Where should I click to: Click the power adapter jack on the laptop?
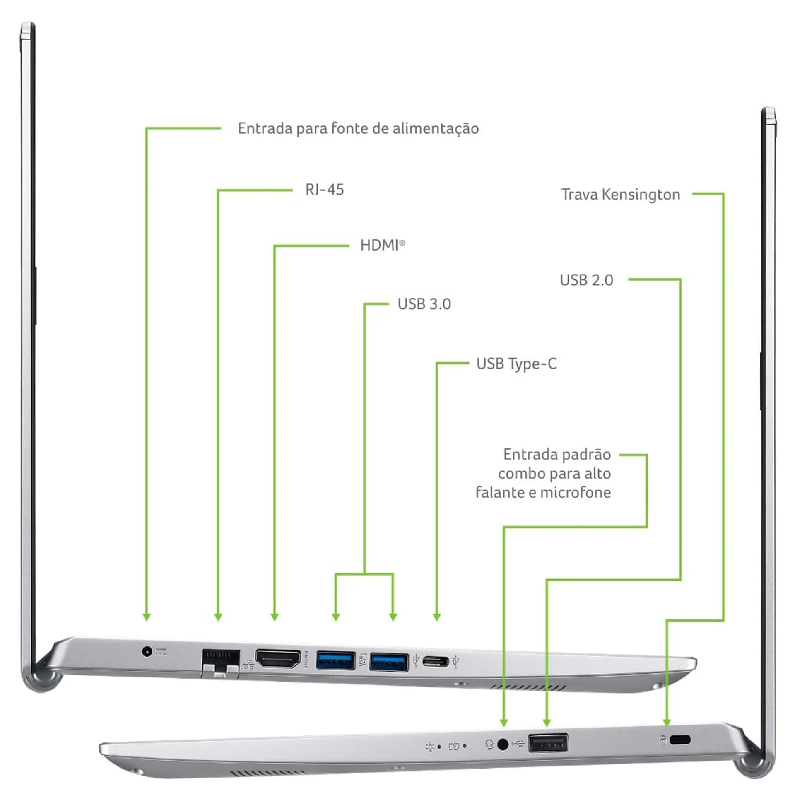click(146, 651)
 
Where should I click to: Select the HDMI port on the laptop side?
click(278, 658)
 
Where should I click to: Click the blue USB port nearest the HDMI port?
click(335, 660)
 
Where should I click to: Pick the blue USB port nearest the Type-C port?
click(389, 661)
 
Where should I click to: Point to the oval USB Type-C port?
click(435, 661)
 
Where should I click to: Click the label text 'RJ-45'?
click(325, 190)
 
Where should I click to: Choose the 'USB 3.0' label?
click(424, 304)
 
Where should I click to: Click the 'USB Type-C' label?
click(516, 364)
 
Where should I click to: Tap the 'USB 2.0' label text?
click(586, 280)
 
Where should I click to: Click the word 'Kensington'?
click(641, 195)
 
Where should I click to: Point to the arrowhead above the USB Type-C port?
click(436, 617)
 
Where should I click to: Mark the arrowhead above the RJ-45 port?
click(218, 617)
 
